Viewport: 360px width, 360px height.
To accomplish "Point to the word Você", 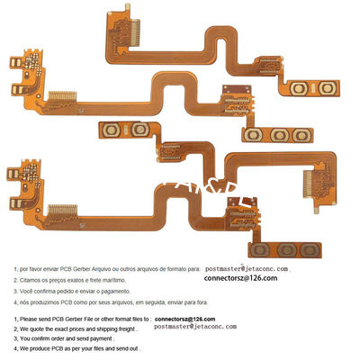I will [27, 292].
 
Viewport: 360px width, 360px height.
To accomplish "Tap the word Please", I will [29, 319].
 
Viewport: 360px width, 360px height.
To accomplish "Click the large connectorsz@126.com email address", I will [242, 279].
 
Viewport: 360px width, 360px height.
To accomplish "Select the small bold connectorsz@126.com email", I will [185, 319].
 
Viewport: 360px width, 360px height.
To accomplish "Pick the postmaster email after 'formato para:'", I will [247, 268].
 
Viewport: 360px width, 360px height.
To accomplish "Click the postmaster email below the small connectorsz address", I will [195, 328].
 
